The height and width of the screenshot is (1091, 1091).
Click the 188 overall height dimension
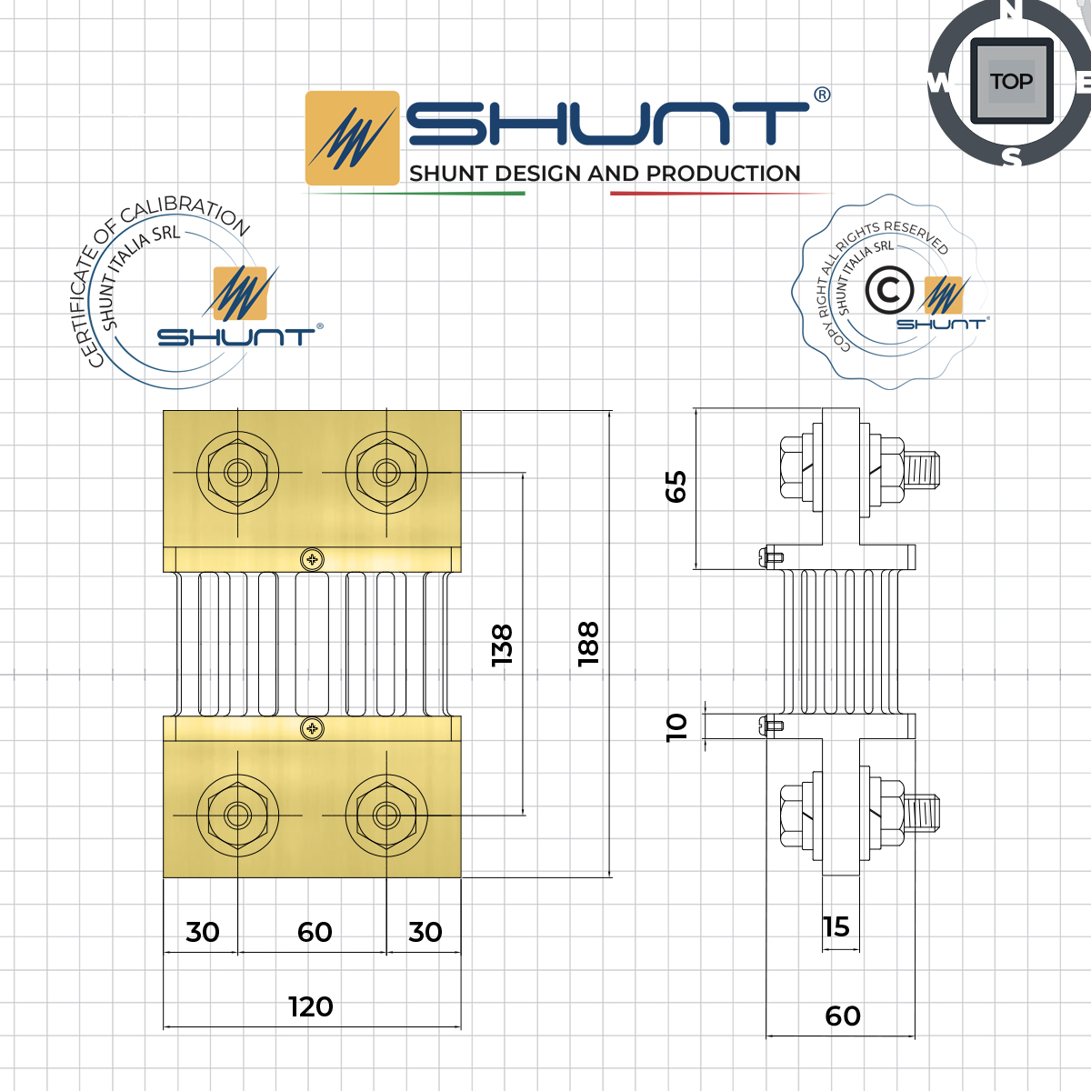click(588, 644)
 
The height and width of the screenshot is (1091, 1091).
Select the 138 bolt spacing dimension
click(502, 644)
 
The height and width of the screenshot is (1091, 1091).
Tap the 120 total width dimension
click(311, 1006)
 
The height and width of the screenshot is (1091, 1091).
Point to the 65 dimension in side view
click(676, 486)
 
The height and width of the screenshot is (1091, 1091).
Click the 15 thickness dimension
click(836, 926)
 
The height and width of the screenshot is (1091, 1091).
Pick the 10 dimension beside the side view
click(676, 726)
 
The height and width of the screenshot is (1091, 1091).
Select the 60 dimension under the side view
click(843, 1016)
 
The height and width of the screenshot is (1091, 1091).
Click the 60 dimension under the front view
click(315, 932)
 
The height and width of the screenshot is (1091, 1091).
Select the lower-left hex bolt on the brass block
click(237, 815)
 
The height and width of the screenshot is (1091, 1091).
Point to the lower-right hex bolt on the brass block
click(386, 815)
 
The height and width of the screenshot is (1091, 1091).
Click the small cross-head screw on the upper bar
click(312, 558)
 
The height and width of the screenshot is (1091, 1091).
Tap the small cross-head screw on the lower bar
click(312, 727)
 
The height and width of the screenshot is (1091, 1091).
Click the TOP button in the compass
click(1011, 82)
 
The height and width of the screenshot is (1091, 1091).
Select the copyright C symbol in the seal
click(888, 290)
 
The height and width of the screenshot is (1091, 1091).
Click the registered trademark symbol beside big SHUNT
click(821, 95)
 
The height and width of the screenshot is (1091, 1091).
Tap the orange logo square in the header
click(352, 138)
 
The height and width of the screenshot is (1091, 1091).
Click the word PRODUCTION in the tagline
click(723, 174)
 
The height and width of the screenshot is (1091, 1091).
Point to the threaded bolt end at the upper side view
click(922, 470)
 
